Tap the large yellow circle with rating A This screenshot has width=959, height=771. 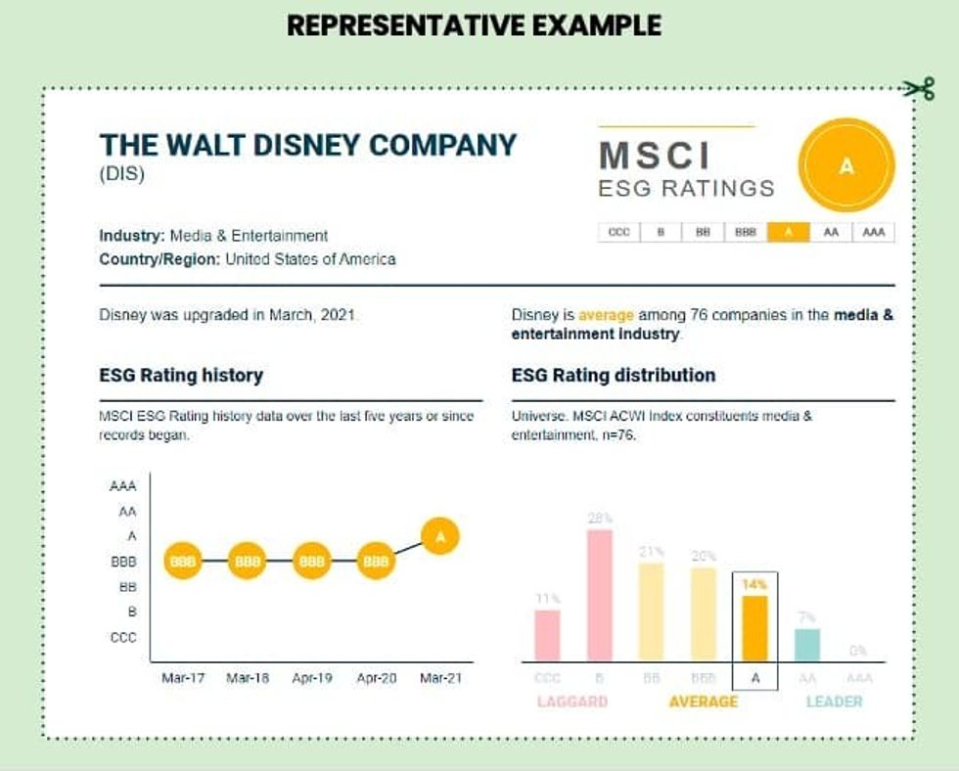846,166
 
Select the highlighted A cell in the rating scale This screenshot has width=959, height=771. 789,233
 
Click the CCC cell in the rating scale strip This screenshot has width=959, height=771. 618,233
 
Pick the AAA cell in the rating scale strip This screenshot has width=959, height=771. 873,233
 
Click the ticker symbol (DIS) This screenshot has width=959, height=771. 121,176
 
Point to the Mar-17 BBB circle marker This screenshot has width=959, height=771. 183,562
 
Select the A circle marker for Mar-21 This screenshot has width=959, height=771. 439,536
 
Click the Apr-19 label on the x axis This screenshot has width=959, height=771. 311,678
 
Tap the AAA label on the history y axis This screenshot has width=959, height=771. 124,486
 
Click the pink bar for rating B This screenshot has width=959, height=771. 599,595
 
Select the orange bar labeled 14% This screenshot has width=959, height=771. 754,628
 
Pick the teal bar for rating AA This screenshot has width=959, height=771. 807,645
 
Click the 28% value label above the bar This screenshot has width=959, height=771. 599,519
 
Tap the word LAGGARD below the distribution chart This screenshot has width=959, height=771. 572,702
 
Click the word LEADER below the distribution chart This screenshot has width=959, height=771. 834,702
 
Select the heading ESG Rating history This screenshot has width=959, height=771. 181,375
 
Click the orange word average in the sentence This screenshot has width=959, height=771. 606,316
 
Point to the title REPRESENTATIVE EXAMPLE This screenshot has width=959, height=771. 474,24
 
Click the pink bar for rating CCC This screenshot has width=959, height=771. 547,635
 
